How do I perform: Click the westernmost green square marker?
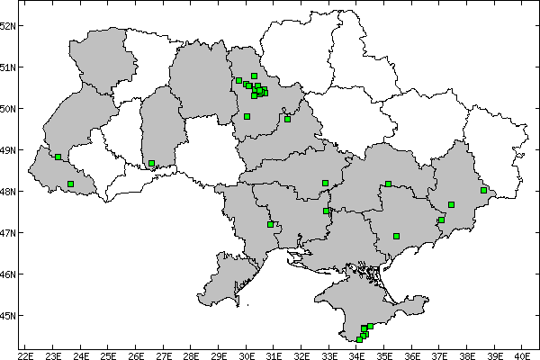pos(58,157)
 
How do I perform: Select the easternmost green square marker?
pos(483,190)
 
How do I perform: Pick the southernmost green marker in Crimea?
pos(359,339)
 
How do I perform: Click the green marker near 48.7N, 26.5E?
pos(151,164)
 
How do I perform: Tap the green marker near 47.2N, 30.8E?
pos(270,224)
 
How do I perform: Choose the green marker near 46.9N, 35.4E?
pos(396,236)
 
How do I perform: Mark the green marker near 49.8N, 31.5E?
pos(287,119)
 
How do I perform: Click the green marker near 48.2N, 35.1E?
pos(388,184)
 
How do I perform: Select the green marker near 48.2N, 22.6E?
pos(70,184)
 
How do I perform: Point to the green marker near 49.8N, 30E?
pos(247,116)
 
